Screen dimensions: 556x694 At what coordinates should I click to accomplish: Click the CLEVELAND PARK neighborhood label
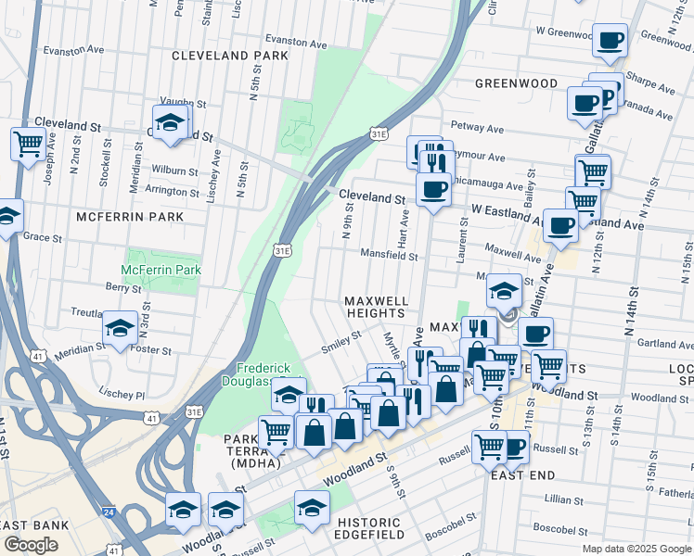click(x=230, y=56)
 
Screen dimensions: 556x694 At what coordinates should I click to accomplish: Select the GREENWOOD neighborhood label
click(x=516, y=83)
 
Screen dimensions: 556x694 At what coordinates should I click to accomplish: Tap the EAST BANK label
click(x=33, y=525)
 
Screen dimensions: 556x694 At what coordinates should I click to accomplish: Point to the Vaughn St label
click(x=183, y=101)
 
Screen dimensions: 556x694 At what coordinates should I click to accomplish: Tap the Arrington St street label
click(x=173, y=189)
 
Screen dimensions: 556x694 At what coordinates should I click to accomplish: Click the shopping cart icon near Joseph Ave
click(x=28, y=143)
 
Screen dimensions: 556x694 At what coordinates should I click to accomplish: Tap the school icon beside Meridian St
click(x=120, y=328)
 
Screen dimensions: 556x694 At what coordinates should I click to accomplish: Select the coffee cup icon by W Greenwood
click(x=610, y=40)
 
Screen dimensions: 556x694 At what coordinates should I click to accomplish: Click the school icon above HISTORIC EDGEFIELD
click(x=312, y=507)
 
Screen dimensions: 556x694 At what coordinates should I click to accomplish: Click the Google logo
click(x=32, y=545)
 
